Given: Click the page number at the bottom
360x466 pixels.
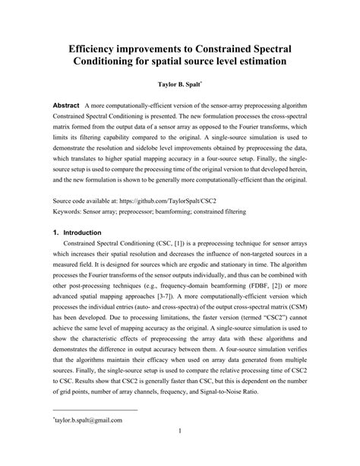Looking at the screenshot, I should [179, 453].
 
